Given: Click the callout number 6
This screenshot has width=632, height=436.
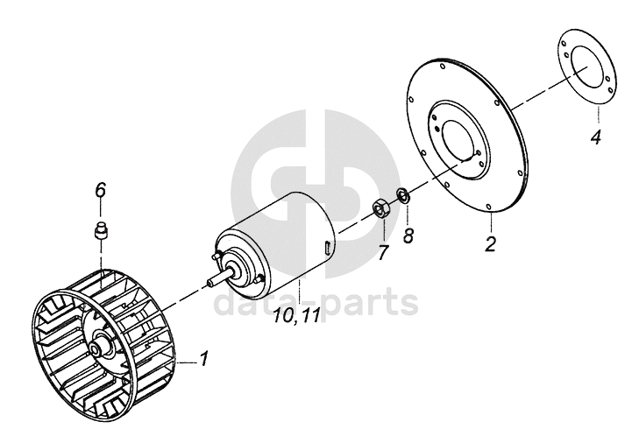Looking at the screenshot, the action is click(x=100, y=189).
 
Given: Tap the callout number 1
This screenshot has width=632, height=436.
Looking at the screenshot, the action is click(x=204, y=358).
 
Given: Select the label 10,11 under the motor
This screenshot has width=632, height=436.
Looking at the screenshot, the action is click(x=297, y=316).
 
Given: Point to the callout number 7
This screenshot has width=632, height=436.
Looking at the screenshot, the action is click(x=383, y=254).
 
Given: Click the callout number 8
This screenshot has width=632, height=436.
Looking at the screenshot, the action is click(x=408, y=236).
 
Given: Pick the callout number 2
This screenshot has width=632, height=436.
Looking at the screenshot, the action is click(x=491, y=243).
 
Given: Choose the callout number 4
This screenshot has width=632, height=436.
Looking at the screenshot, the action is click(x=595, y=137).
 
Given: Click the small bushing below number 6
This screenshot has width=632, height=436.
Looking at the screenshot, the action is click(x=100, y=232).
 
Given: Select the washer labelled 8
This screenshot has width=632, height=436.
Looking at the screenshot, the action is click(x=403, y=194).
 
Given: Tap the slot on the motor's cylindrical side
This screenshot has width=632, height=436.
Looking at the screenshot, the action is click(x=326, y=248).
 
